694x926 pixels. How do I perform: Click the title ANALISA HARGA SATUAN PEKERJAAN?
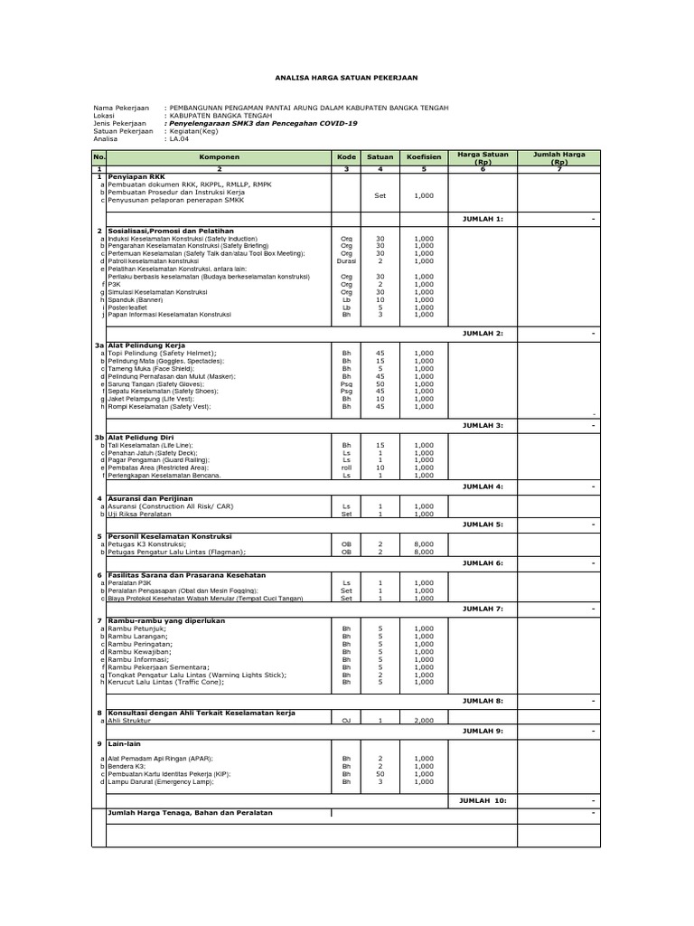pyautogui.click(x=346, y=79)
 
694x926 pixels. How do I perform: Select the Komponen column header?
pyautogui.click(x=220, y=157)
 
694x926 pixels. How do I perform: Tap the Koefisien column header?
pyautogui.click(x=424, y=157)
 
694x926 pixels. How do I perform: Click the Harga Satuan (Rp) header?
pyautogui.click(x=482, y=157)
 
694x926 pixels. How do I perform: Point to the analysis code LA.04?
pyautogui.click(x=178, y=140)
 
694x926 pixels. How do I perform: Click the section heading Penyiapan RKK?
pyautogui.click(x=136, y=176)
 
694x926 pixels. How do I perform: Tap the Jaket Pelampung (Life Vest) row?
pyautogui.click(x=145, y=399)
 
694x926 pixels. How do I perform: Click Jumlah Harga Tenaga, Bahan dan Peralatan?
pyautogui.click(x=190, y=813)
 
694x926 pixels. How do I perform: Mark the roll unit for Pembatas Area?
pyautogui.click(x=346, y=468)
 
